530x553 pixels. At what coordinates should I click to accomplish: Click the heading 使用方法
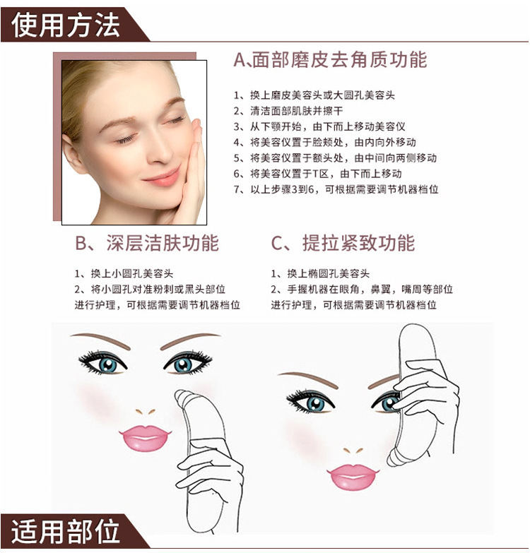[x=66, y=25]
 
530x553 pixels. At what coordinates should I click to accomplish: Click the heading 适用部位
[x=66, y=531]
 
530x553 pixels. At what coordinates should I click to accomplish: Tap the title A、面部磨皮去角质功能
[x=330, y=59]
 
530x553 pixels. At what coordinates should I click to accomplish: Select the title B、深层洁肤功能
[x=147, y=243]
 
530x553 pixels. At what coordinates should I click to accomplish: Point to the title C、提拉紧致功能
[x=343, y=243]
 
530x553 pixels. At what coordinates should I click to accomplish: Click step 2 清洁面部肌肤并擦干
[x=288, y=111]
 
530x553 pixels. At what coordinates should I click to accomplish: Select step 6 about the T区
[x=317, y=174]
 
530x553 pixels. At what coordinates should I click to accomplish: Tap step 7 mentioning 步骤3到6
[x=336, y=189]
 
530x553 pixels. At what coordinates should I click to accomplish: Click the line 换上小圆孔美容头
[x=124, y=273]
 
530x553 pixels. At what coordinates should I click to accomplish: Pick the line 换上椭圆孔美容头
[x=320, y=273]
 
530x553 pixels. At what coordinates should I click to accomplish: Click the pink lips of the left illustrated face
[x=145, y=438]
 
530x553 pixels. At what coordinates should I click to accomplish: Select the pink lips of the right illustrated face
[x=353, y=477]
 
